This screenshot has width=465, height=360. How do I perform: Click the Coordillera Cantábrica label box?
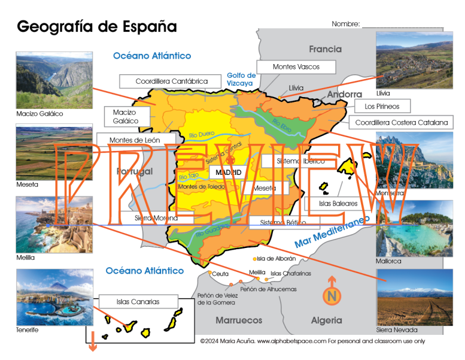tap(171, 81)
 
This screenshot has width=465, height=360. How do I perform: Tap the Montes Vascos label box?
tap(296, 67)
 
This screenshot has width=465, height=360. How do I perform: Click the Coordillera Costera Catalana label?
tap(401, 123)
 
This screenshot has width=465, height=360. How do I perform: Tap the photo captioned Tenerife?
tap(54, 297)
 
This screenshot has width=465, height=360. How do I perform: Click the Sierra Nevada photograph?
tap(414, 297)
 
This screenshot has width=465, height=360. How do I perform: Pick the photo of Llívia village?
tap(414, 59)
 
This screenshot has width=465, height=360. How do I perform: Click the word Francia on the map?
tap(325, 49)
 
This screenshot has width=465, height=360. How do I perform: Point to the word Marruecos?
tap(239, 320)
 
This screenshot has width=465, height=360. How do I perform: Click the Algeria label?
tap(326, 320)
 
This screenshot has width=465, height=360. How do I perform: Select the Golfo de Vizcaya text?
tap(241, 80)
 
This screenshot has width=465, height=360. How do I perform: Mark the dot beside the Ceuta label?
tap(209, 273)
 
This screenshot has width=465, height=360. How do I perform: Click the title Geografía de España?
tap(97, 26)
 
